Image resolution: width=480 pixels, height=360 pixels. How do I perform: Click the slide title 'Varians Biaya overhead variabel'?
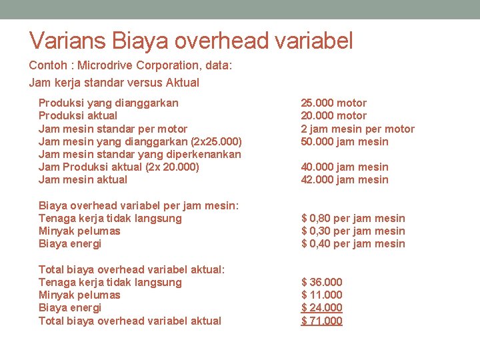pos(191,41)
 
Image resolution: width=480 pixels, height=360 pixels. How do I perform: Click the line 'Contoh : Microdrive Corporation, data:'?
pos(130,66)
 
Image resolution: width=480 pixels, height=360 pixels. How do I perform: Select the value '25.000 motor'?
pos(333,103)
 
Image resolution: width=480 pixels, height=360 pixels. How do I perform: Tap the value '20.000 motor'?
pos(333,115)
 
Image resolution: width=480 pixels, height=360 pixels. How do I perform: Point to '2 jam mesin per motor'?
pos(357,129)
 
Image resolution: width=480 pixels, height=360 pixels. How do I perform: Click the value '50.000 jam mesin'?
pos(344,141)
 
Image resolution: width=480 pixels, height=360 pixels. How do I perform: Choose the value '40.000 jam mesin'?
pos(344,167)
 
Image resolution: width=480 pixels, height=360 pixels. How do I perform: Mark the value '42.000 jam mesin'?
pos(344,179)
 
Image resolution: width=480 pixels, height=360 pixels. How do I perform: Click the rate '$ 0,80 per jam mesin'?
pos(353,218)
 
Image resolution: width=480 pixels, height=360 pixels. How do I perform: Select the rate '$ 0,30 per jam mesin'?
pos(353,231)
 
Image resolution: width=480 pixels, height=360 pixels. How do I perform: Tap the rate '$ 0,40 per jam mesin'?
pos(353,243)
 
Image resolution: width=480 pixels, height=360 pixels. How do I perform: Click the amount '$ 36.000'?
pos(322,282)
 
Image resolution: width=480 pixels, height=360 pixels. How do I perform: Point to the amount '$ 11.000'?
pos(322,295)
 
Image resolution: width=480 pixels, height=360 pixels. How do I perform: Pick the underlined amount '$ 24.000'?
pos(322,307)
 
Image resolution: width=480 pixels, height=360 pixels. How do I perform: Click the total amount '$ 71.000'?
pos(322,321)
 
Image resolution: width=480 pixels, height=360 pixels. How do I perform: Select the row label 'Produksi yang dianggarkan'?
pos(108,103)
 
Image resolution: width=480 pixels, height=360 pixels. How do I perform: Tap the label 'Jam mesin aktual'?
pos(83,179)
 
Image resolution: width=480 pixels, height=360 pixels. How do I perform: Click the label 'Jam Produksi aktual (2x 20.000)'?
pos(119,167)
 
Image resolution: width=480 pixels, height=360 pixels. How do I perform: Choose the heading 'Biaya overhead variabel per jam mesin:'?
pos(139,205)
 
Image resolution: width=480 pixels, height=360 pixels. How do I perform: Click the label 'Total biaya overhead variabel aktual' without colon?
pos(130,321)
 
